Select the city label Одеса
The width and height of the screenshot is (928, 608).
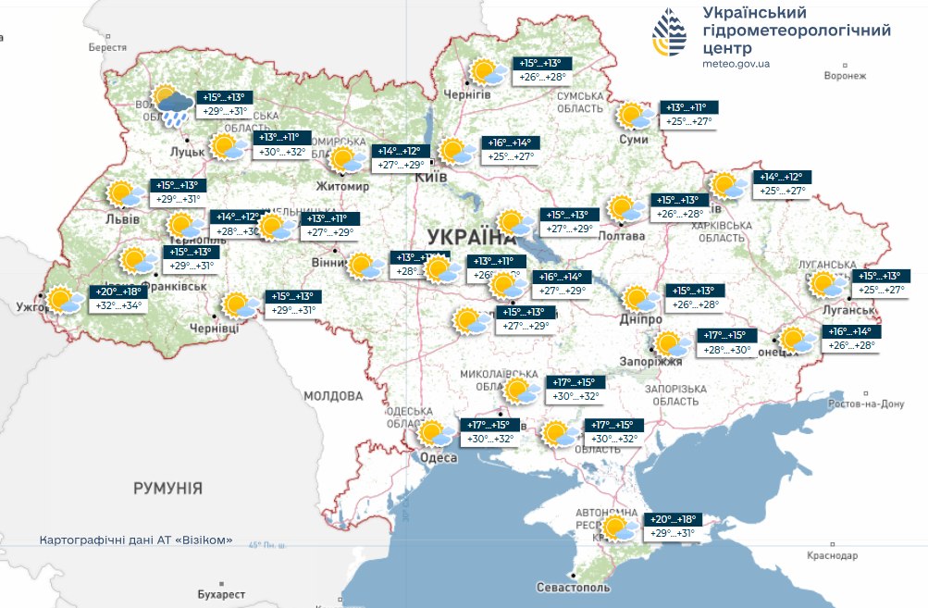pyautogui.click(x=438, y=458)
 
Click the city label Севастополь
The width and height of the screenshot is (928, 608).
pyautogui.click(x=573, y=588)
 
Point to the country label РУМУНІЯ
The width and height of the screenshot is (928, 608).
pyautogui.click(x=167, y=488)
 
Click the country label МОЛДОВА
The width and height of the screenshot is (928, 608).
pyautogui.click(x=332, y=395)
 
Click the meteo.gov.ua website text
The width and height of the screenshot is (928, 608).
pyautogui.click(x=736, y=64)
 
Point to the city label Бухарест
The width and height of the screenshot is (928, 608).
pyautogui.click(x=221, y=593)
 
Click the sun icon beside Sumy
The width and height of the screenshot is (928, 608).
pyautogui.click(x=636, y=116)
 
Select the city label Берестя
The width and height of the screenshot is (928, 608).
pyautogui.click(x=107, y=47)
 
